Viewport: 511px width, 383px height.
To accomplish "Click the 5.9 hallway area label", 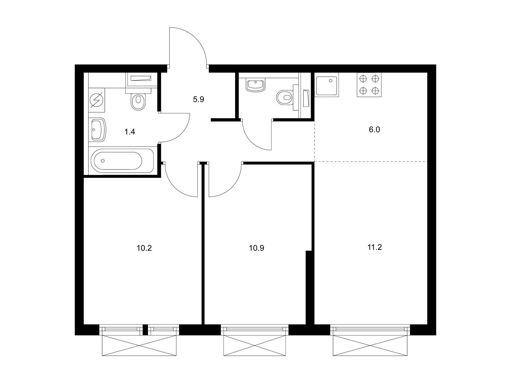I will tap(198, 100).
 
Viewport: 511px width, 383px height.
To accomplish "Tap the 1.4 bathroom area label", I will tap(130, 131).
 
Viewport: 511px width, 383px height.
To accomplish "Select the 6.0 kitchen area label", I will tap(374, 130).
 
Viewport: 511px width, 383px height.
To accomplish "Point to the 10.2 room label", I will tap(144, 248).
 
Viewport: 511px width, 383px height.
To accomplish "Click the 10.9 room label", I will tap(256, 248).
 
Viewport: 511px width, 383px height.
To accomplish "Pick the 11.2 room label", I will tap(375, 247).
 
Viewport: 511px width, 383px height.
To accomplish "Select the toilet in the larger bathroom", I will tap(138, 101).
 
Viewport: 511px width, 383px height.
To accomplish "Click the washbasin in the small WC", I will tap(256, 85).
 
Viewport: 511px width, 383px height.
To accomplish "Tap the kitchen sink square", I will tap(327, 85).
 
